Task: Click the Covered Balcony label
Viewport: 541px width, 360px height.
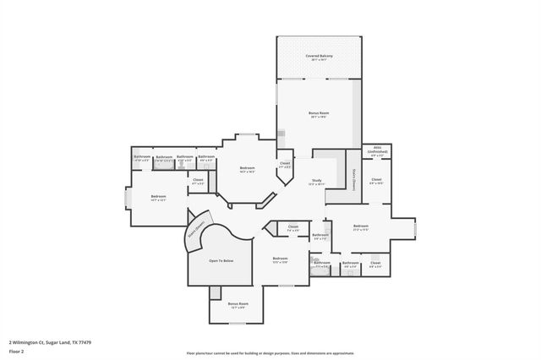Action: (x=319, y=57)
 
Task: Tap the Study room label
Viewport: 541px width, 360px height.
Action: (x=316, y=182)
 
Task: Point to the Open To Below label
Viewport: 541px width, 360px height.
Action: (x=221, y=261)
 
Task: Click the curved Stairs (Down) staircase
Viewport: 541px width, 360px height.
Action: (x=196, y=233)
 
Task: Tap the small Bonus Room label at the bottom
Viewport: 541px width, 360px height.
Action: (x=238, y=304)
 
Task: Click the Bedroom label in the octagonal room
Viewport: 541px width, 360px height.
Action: (x=247, y=170)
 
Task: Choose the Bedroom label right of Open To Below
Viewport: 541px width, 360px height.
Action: (x=280, y=259)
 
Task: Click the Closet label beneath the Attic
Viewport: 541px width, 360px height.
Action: (x=376, y=180)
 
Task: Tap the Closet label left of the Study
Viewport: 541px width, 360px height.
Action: (x=285, y=164)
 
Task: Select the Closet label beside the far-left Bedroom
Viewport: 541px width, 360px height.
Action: (x=198, y=180)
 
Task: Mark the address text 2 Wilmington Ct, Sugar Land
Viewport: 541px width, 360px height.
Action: (x=50, y=342)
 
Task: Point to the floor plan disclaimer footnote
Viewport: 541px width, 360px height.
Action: (x=270, y=352)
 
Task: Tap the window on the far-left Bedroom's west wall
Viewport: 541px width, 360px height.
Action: (x=128, y=198)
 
